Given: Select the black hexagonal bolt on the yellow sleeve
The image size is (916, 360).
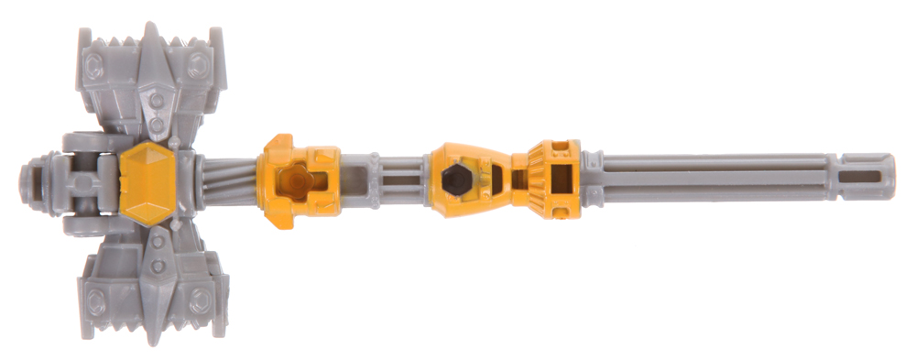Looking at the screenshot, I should pyautogui.click(x=455, y=180).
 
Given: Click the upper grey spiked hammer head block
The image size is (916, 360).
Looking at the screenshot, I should pyautogui.click(x=151, y=87).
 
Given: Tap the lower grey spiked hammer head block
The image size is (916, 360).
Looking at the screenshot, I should pyautogui.click(x=151, y=279).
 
